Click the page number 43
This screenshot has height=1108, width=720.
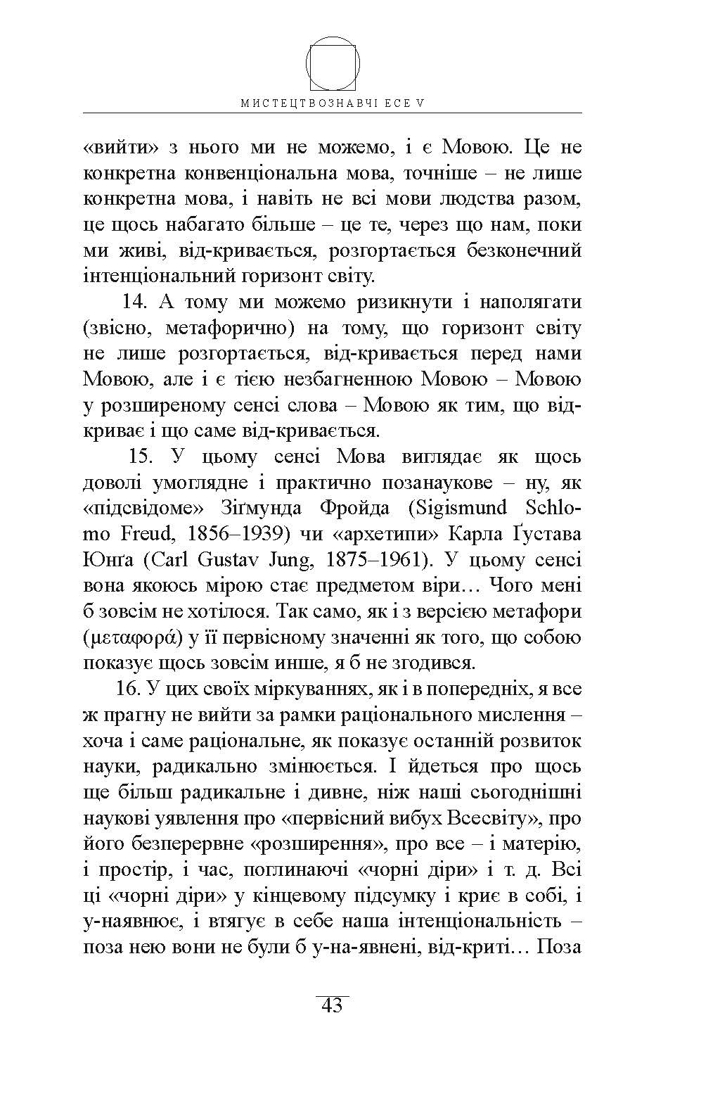(x=332, y=1005)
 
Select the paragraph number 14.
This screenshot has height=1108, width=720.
(x=138, y=303)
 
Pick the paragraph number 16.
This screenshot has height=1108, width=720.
(x=129, y=688)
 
